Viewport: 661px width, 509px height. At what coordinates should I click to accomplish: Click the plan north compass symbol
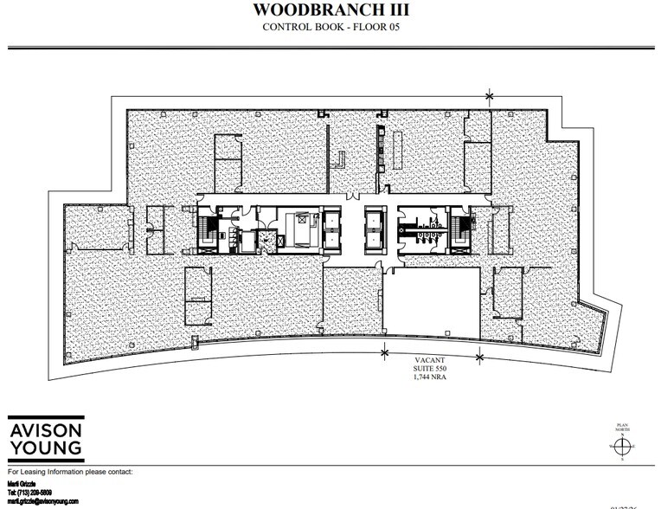pos(621,446)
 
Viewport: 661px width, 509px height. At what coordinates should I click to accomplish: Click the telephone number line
pos(31,491)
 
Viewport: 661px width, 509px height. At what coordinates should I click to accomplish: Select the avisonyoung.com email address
pos(42,500)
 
